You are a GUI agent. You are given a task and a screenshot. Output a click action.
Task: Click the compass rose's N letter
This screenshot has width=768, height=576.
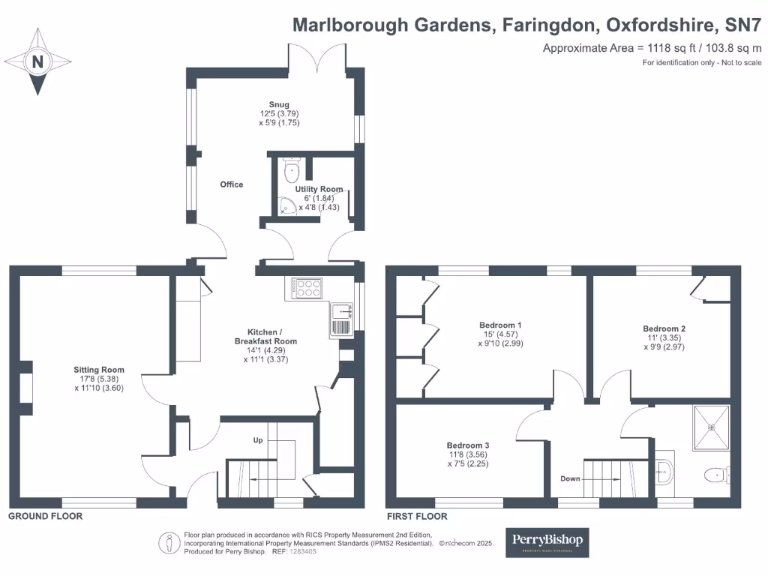tap(37, 62)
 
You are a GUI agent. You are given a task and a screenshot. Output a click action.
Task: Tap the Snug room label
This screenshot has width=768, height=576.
tap(279, 105)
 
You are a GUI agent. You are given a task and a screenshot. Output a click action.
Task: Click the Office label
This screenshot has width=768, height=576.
tap(231, 184)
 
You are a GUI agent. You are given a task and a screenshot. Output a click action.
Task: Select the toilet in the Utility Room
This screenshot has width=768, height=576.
tap(289, 171)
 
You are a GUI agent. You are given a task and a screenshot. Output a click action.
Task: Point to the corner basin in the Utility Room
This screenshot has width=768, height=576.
tap(285, 208)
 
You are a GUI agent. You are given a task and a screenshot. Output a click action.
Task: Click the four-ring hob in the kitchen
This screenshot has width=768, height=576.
tap(307, 289)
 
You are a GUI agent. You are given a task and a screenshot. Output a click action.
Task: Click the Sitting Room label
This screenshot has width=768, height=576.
tap(99, 370)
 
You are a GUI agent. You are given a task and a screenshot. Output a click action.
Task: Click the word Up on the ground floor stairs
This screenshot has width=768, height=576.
tap(257, 440)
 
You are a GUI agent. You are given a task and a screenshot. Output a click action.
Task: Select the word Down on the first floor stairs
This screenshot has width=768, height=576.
tap(571, 478)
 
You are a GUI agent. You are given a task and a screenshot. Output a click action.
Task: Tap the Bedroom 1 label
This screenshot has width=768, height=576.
tap(500, 325)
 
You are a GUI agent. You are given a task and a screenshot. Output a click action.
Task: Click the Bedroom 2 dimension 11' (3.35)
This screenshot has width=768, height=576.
tap(664, 338)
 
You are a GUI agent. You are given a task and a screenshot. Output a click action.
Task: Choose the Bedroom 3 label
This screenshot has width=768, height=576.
tap(467, 445)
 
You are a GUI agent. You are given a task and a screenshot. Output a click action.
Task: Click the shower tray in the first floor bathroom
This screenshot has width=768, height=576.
tap(710, 427)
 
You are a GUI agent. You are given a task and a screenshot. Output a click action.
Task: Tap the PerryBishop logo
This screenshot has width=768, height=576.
tap(547, 542)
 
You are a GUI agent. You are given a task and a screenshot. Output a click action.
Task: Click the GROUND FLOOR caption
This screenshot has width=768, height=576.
tap(45, 517)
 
